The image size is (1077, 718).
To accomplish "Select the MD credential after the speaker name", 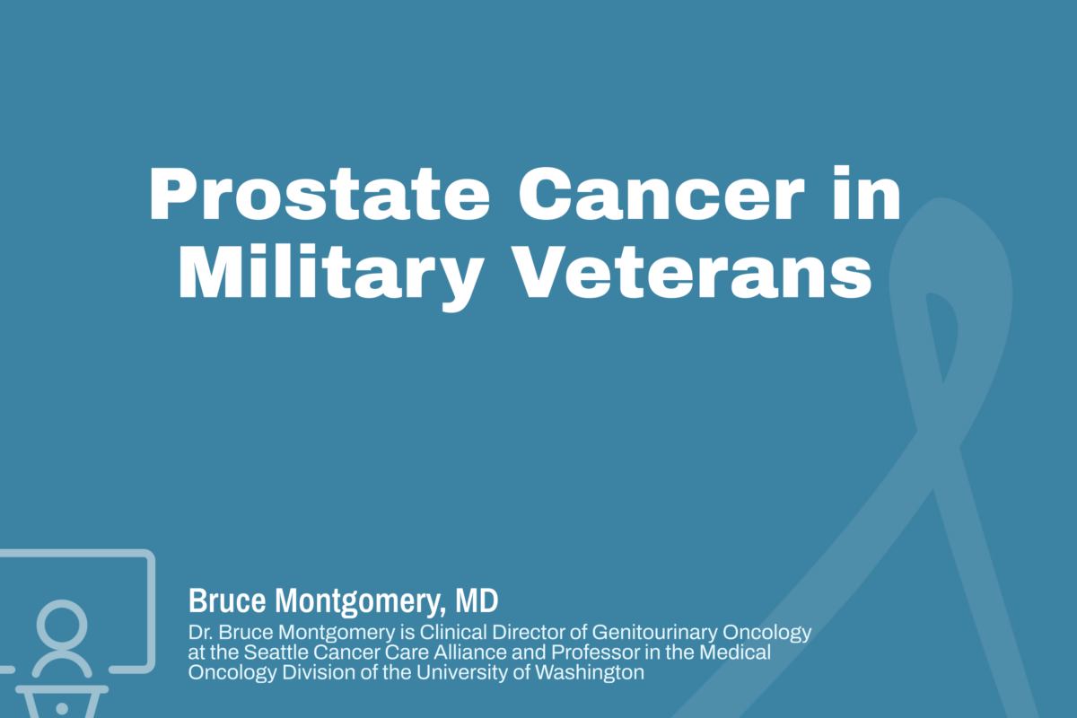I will (x=477, y=600).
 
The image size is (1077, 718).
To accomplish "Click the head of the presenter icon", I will (x=62, y=622).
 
